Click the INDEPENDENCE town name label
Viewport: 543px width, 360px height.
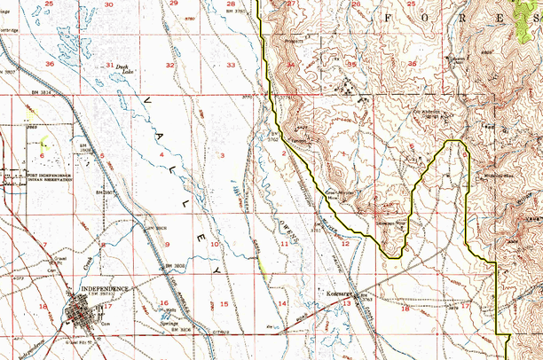pyautogui.click(x=105, y=288)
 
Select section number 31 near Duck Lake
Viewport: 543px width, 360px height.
pyautogui.click(x=109, y=66)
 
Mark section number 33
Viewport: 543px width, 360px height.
pyautogui.click(x=231, y=66)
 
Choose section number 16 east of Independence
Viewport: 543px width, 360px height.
pyautogui.click(x=163, y=303)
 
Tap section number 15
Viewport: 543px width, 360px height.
pyautogui.click(x=224, y=304)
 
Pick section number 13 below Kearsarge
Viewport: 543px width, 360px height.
pyautogui.click(x=347, y=303)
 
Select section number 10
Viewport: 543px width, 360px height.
pyautogui.click(x=215, y=243)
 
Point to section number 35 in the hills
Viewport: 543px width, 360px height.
pyautogui.click(x=351, y=64)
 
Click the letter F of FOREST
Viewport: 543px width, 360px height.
pyautogui.click(x=388, y=17)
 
